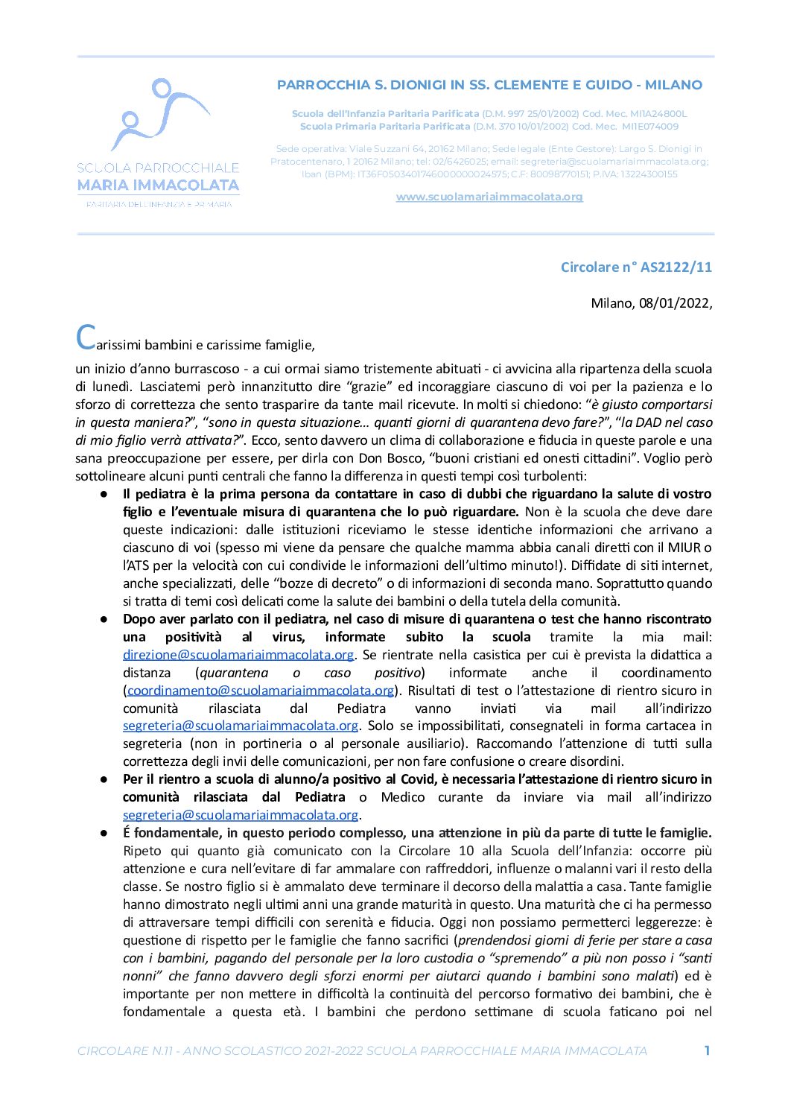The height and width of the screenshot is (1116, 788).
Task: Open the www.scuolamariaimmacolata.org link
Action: click(489, 197)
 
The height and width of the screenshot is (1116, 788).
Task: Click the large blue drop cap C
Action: click(86, 337)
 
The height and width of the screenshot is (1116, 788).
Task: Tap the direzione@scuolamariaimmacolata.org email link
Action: click(238, 655)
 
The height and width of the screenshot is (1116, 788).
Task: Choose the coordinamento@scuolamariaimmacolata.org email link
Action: click(261, 691)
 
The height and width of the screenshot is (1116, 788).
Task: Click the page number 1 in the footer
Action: click(707, 1050)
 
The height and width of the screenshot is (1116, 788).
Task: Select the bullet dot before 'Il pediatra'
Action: click(105, 495)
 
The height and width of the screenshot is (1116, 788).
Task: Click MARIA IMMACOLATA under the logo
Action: click(159, 186)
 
